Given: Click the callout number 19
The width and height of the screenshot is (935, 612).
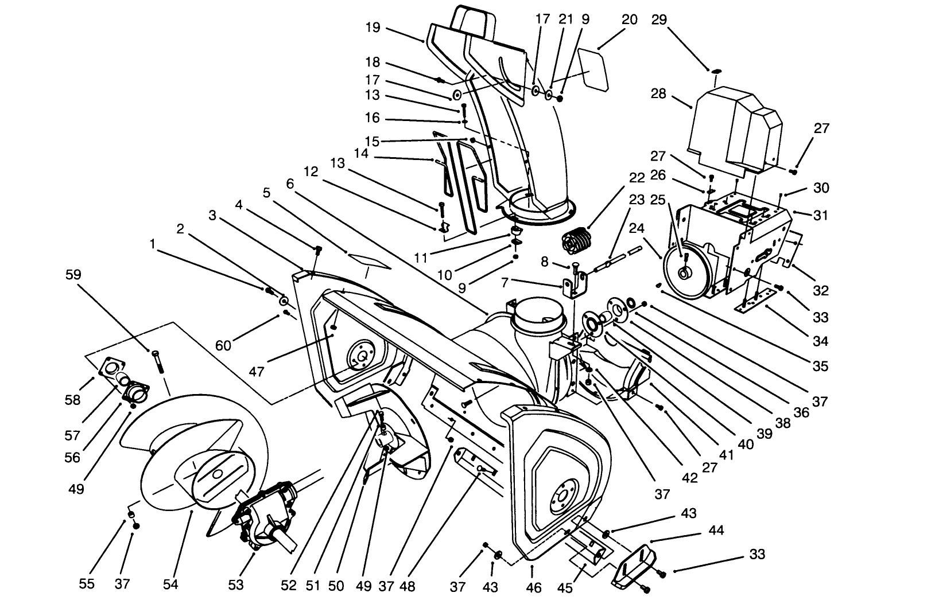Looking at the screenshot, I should click(x=373, y=27).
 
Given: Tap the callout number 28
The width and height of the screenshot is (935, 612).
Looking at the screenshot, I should click(x=659, y=93).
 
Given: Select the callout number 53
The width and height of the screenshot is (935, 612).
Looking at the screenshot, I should click(x=236, y=584).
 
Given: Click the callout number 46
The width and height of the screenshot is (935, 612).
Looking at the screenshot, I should click(x=534, y=587).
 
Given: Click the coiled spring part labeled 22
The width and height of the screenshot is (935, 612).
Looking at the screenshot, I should click(x=576, y=240).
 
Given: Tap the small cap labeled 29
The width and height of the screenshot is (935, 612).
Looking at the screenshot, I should click(x=716, y=71).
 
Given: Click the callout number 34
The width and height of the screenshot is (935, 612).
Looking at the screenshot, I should click(x=821, y=341).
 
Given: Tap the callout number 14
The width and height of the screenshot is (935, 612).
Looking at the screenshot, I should click(x=361, y=153).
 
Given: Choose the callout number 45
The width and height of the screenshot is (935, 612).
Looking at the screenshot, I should click(x=565, y=587).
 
